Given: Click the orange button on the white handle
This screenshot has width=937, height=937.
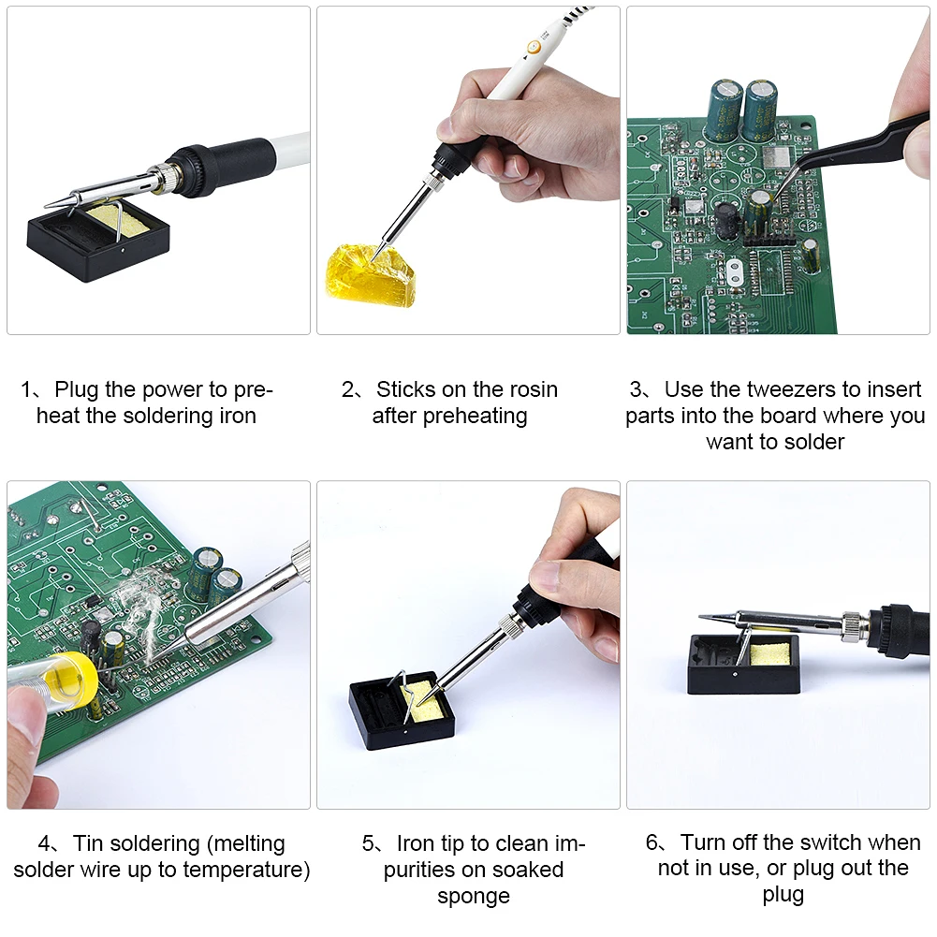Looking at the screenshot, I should [x=532, y=46].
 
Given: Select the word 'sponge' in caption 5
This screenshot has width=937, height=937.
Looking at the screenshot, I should [x=473, y=896].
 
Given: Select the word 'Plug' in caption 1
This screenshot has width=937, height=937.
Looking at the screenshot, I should [x=76, y=389].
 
